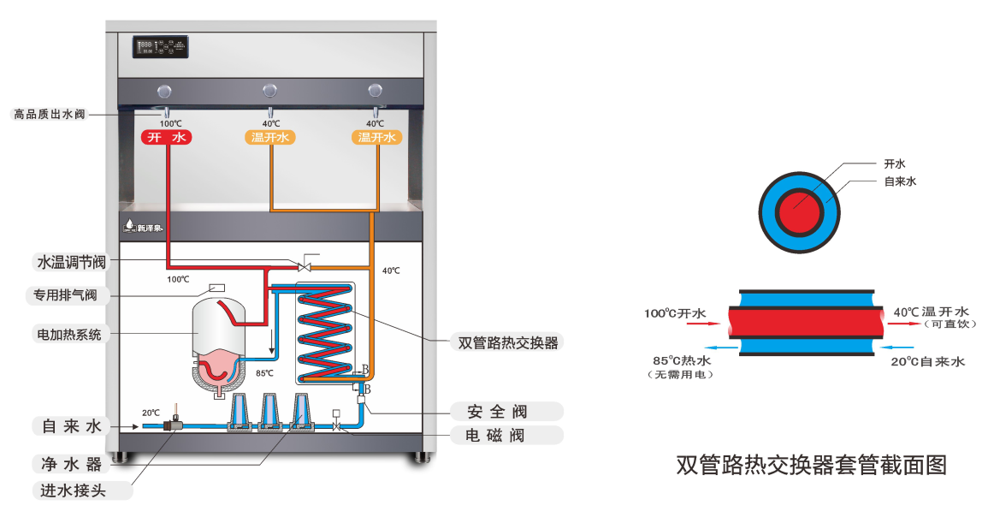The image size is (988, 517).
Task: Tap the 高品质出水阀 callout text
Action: [x=50, y=114]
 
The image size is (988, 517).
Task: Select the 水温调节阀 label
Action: [x=71, y=261]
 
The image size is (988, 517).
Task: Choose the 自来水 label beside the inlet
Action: [x=71, y=425]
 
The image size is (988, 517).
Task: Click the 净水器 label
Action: [x=71, y=464]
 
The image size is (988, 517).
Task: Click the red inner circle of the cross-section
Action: [x=801, y=211]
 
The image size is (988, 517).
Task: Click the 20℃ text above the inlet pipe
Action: [x=151, y=413]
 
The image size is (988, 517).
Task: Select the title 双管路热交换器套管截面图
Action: [x=812, y=465]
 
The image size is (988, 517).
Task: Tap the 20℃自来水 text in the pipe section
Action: [x=929, y=362]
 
